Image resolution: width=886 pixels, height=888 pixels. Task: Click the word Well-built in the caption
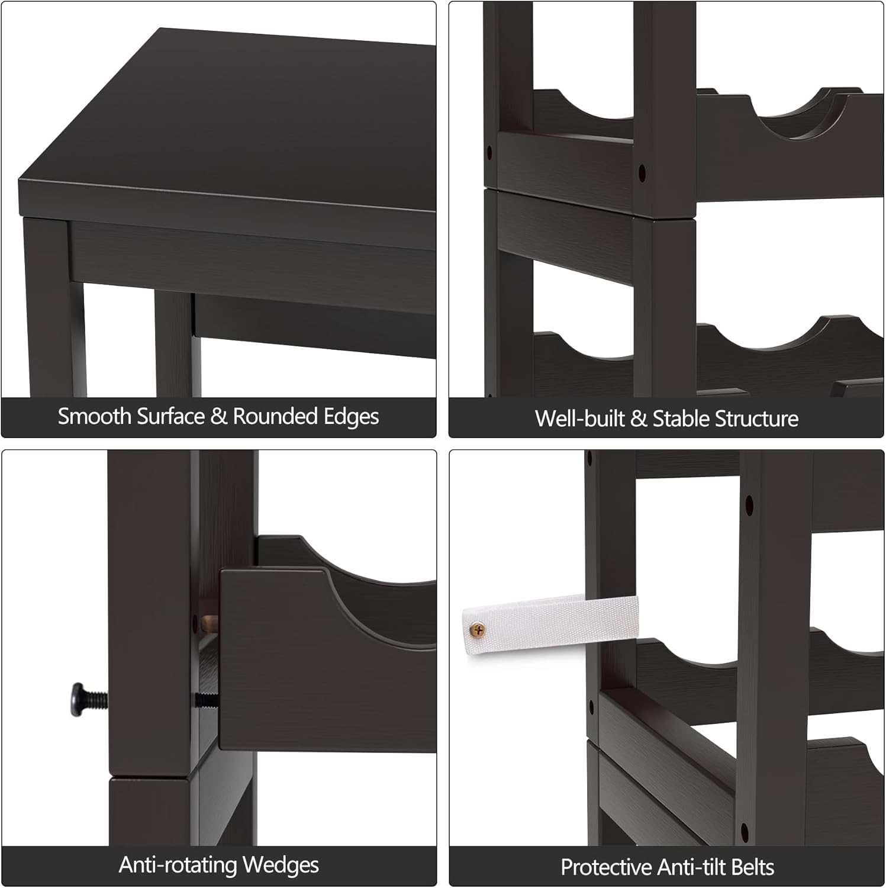pos(580,419)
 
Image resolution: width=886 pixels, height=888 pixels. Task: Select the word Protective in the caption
pos(606,867)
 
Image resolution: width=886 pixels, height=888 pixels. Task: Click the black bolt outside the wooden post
pos(89,700)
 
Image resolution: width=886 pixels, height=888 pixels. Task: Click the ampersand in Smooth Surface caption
pos(218,417)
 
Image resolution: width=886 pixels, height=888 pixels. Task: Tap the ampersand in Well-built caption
pos(639,419)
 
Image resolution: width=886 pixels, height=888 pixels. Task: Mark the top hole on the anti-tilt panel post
pos(749,505)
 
